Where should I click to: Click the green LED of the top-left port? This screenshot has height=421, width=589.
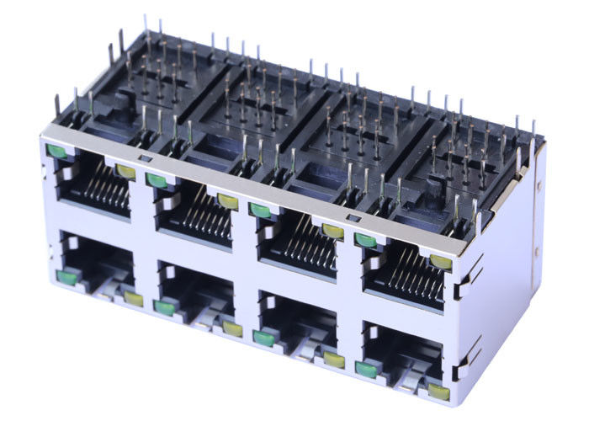(x=57, y=152)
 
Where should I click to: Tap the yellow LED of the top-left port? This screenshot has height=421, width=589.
(x=125, y=172)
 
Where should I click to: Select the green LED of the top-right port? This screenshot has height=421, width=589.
(x=366, y=240)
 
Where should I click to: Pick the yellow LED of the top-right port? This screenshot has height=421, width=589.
(x=440, y=262)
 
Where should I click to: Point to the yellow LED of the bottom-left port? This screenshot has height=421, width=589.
(x=133, y=298)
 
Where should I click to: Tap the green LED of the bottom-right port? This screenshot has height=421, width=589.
(x=365, y=369)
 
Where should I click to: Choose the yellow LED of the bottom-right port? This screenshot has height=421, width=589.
(x=438, y=391)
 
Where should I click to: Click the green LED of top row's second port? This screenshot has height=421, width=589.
(x=157, y=179)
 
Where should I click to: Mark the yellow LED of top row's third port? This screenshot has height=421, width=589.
(x=333, y=230)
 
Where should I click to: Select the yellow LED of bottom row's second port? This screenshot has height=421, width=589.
(x=231, y=328)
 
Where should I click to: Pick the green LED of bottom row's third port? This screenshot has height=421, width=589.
(x=263, y=338)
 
